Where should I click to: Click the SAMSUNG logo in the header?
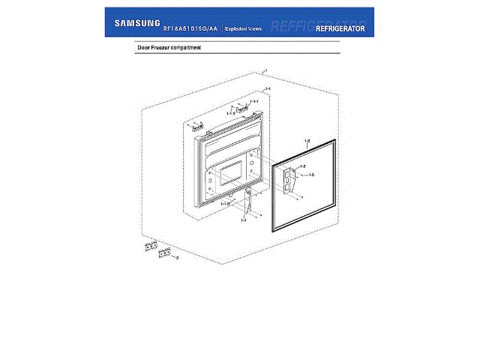[x=136, y=22]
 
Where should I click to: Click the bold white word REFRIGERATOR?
[x=340, y=28]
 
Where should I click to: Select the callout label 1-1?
[x=268, y=89]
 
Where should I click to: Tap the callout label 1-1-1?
[x=254, y=101]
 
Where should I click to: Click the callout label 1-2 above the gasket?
[x=307, y=140]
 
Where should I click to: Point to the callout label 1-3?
[x=302, y=165]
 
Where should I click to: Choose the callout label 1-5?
[x=311, y=175]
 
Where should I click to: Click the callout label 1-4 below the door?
[x=243, y=220]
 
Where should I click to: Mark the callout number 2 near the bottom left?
[x=177, y=257]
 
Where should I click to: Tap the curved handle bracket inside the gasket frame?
[x=289, y=177]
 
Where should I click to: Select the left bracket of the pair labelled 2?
[x=151, y=245]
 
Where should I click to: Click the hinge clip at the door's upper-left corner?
[x=196, y=127]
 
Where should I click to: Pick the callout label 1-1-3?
[x=223, y=204]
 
